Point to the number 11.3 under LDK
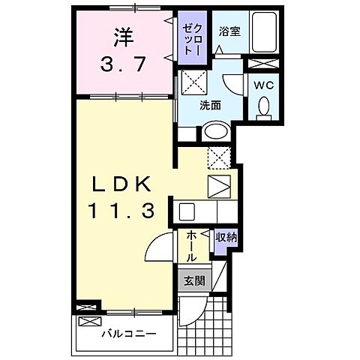coord(124,211)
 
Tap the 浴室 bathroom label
coord(229,32)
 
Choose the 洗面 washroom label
coord(211,106)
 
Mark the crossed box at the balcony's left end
coord(88,307)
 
